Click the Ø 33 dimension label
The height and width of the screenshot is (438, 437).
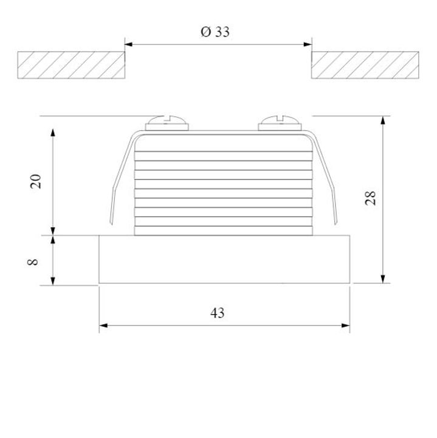pos(215,32)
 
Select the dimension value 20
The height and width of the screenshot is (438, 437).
pos(36,181)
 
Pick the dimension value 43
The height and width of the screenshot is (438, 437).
pos(217,313)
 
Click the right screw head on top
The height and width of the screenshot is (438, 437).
pos(279,123)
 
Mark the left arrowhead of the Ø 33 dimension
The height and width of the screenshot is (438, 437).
pos(128,44)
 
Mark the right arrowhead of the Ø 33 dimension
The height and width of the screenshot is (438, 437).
pos(308,44)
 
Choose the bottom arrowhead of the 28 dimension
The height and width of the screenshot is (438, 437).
pos(382,279)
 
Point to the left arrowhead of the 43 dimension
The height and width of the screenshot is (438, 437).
pos(103,325)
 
